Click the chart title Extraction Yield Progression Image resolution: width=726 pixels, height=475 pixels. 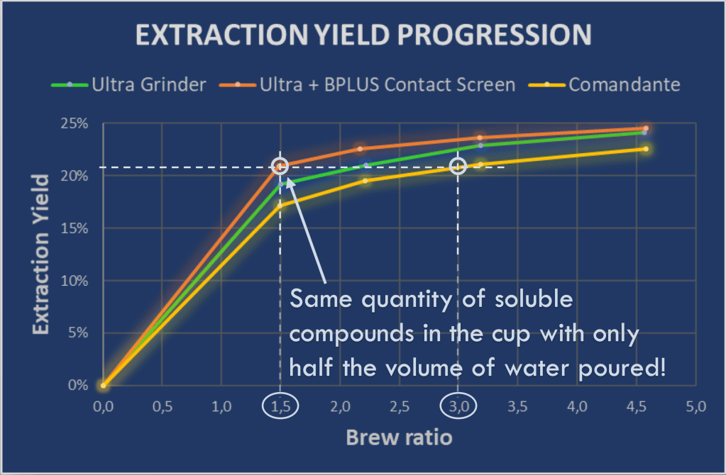coord(363,34)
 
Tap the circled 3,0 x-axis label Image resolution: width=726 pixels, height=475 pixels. coord(458,407)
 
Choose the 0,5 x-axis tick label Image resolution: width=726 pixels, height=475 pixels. coord(162,407)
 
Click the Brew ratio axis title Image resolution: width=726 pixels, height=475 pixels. coord(399,437)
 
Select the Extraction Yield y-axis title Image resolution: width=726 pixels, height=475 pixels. coord(41,255)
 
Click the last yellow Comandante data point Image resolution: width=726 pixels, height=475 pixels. coord(645,149)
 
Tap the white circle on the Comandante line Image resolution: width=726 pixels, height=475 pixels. coord(458,167)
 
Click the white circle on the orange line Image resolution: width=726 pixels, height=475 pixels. coord(281,166)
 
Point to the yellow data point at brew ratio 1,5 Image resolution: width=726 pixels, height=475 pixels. coord(281,204)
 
